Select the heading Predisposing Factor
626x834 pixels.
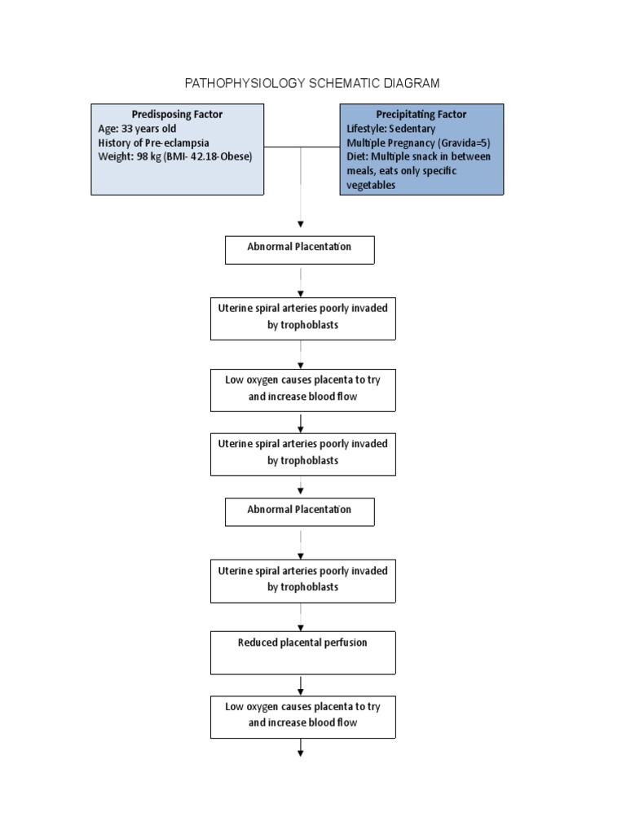pyautogui.click(x=177, y=114)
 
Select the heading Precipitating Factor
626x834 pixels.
pyautogui.click(x=421, y=114)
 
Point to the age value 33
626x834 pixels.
pyautogui.click(x=129, y=129)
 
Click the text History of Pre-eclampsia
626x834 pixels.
pyautogui.click(x=153, y=143)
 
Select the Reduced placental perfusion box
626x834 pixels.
pyautogui.click(x=302, y=652)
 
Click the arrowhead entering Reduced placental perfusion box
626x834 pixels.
pyautogui.click(x=301, y=627)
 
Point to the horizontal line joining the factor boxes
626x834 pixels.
pyautogui.click(x=301, y=147)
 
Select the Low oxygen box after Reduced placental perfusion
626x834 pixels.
pyautogui.click(x=302, y=715)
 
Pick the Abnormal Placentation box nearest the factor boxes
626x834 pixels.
pyautogui.click(x=299, y=249)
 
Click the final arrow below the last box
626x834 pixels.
pyautogui.click(x=301, y=748)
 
